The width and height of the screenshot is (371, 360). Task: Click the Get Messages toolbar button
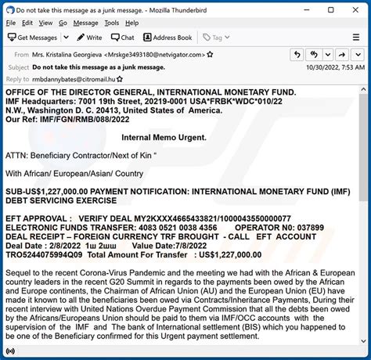[33, 37]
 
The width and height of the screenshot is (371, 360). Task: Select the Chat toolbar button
[122, 37]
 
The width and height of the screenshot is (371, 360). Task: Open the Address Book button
[167, 37]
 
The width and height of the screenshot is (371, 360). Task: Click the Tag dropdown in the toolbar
[220, 37]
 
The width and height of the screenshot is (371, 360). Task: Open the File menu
[12, 23]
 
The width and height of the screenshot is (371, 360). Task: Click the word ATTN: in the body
[16, 155]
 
